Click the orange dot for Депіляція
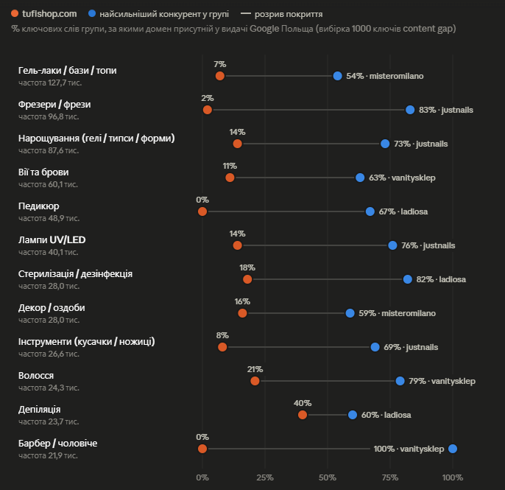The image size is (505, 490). click(x=303, y=415)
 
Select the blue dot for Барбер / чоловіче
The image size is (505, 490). click(x=453, y=449)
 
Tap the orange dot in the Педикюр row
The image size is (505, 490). click(x=202, y=211)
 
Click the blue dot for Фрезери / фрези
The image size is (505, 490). click(x=410, y=110)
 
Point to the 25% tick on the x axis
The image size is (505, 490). click(x=265, y=477)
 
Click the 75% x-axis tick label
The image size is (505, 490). click(x=390, y=477)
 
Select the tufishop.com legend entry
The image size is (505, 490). click(x=44, y=14)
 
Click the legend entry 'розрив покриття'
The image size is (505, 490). click(x=282, y=14)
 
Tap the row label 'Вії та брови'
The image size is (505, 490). click(x=43, y=172)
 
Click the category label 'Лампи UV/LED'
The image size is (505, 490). click(x=52, y=240)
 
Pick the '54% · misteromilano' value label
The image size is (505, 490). click(x=385, y=76)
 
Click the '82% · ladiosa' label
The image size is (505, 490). click(x=441, y=279)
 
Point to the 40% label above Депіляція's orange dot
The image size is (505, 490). click(x=303, y=403)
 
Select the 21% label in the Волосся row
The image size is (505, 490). click(x=255, y=369)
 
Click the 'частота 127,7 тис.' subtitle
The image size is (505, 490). click(x=50, y=83)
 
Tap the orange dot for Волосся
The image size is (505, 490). click(x=255, y=381)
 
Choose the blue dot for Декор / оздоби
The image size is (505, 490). click(x=350, y=313)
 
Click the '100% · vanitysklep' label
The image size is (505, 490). click(x=409, y=449)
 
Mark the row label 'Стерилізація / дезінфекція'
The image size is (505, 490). click(x=75, y=273)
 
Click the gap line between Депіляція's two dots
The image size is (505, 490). click(x=328, y=415)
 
